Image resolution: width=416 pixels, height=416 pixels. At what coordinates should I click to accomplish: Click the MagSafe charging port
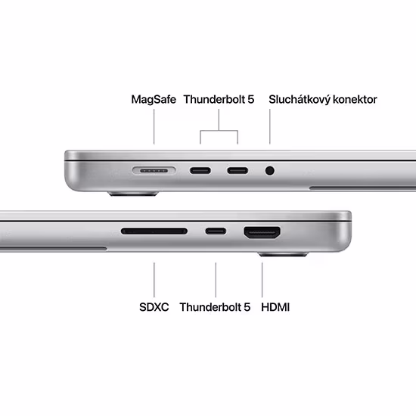click(x=154, y=171)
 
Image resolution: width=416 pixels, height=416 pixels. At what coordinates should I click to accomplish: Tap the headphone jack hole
click(x=270, y=171)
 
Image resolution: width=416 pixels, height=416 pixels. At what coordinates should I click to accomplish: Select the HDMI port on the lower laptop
click(x=262, y=232)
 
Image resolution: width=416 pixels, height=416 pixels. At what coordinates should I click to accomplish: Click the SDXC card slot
click(x=154, y=231)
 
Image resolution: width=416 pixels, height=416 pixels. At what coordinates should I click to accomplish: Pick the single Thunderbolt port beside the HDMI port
click(x=216, y=231)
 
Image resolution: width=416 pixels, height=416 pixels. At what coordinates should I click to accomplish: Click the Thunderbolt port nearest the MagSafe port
click(x=200, y=171)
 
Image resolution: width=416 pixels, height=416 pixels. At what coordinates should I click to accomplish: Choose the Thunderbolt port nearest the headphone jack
click(x=237, y=171)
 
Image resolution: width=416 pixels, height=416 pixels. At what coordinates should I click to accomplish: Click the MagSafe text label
click(x=154, y=100)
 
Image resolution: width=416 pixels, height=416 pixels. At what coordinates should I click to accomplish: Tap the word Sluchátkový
click(x=300, y=100)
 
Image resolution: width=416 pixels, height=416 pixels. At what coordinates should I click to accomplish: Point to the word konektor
click(x=355, y=100)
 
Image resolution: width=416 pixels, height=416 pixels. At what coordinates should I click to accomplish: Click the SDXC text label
click(x=154, y=307)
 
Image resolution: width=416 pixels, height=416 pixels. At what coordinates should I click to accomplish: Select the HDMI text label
click(x=275, y=307)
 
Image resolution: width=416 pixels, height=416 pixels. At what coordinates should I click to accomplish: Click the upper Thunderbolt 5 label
click(x=219, y=100)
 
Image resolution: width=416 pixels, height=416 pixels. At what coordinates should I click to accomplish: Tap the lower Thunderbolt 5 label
click(x=215, y=307)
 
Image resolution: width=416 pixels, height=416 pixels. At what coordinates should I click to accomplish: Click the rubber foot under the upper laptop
click(x=133, y=194)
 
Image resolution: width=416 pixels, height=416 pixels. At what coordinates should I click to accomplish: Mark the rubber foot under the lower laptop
click(x=284, y=254)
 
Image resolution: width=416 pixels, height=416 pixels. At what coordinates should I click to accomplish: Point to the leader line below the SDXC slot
click(x=154, y=280)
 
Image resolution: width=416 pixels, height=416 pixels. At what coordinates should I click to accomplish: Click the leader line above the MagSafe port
click(x=154, y=126)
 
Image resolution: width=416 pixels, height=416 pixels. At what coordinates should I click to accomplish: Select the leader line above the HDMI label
click(x=262, y=280)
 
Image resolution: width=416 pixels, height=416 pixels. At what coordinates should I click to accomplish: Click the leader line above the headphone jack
click(x=270, y=126)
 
